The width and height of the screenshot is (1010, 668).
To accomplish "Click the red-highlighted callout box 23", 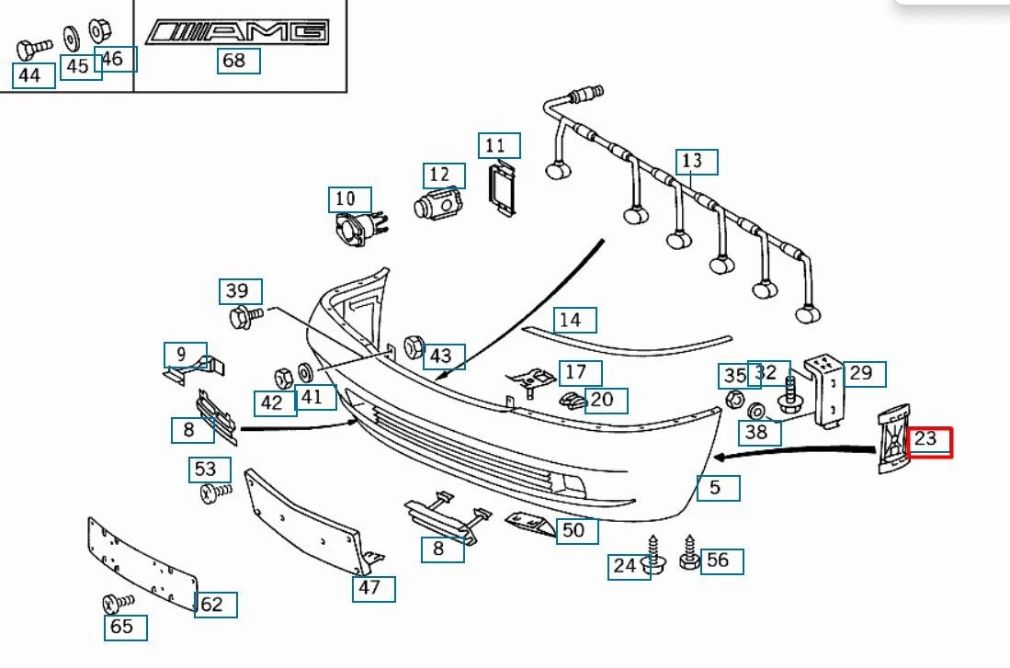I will tap(929, 442).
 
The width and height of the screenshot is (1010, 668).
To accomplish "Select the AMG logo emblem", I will tap(238, 32).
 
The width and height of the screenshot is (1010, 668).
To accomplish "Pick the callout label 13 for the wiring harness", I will tap(697, 162).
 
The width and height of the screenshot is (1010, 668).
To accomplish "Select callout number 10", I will tap(350, 198).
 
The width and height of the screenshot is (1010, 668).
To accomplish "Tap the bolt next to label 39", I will tap(244, 318).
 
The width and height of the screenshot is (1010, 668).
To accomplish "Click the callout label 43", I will tap(443, 356).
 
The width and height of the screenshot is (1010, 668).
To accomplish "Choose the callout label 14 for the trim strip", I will tap(574, 320).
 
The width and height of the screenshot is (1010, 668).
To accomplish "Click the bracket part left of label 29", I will tap(826, 391).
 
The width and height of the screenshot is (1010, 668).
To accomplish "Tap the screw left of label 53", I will tap(214, 494).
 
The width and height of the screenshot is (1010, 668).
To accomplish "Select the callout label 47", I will tap(373, 588).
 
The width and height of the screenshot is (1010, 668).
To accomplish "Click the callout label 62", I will tap(215, 605).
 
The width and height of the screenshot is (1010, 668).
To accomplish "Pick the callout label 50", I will tap(576, 530).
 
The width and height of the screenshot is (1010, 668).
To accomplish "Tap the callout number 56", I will tap(721, 560).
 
